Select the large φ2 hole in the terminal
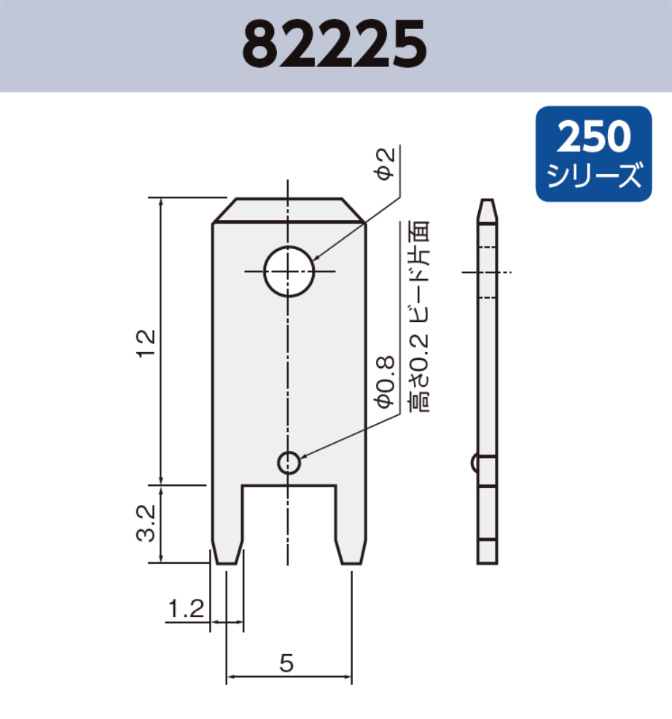[289, 271]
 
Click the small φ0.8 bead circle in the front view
[289, 462]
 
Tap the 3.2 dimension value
[146, 523]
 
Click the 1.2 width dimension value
[185, 609]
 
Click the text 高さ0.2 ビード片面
[419, 317]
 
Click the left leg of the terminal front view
[227, 524]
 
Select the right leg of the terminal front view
[351, 524]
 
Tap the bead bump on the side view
[475, 463]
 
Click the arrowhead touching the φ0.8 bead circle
[302, 457]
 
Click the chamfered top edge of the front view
[289, 211]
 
